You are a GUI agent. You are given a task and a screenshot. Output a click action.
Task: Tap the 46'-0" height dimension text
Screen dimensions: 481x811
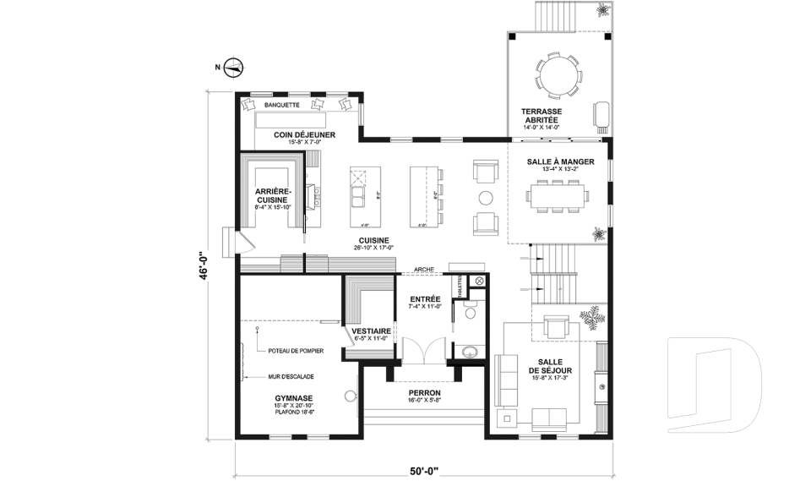(203, 267)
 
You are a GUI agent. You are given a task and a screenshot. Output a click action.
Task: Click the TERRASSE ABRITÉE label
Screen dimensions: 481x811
(541, 116)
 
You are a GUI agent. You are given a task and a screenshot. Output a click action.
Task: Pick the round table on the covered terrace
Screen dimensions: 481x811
(559, 77)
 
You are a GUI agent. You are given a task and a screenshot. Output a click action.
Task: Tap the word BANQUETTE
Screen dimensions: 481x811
(281, 105)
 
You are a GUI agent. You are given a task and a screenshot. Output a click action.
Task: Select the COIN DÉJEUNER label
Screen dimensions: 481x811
(305, 134)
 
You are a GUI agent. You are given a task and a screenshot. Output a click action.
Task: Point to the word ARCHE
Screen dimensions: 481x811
(423, 271)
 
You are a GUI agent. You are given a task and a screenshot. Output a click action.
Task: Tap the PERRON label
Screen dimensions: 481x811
(424, 393)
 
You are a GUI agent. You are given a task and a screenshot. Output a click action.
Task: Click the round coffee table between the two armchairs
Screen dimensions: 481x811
(486, 198)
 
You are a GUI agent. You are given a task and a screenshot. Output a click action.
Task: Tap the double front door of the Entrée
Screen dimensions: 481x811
(424, 351)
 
